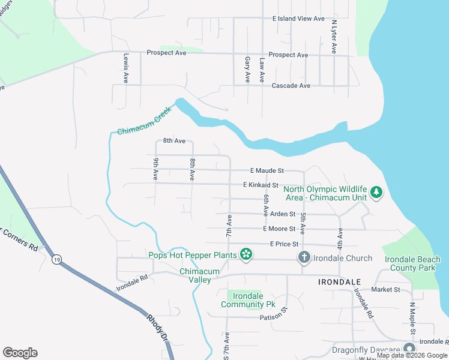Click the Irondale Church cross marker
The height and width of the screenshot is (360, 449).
pyautogui.click(x=304, y=257)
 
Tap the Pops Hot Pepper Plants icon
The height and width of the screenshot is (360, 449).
pyautogui.click(x=246, y=255)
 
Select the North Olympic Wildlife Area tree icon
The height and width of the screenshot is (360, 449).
pyautogui.click(x=376, y=193)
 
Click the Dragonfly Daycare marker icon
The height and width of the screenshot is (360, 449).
pyautogui.click(x=409, y=349)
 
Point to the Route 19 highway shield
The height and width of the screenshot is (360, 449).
pyautogui.click(x=56, y=259)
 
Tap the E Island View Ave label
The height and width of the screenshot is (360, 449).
pyautogui.click(x=298, y=19)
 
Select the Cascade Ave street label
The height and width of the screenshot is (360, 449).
pyautogui.click(x=291, y=86)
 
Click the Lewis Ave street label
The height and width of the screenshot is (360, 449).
pyautogui.click(x=126, y=68)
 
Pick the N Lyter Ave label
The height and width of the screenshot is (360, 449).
pyautogui.click(x=334, y=37)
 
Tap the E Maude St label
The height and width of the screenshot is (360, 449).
pyautogui.click(x=264, y=171)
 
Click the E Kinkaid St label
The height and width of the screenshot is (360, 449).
pyautogui.click(x=261, y=185)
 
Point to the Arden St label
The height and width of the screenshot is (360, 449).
pyautogui.click(x=283, y=214)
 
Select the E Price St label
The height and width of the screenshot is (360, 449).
pyautogui.click(x=285, y=244)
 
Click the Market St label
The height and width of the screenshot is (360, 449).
pyautogui.click(x=385, y=289)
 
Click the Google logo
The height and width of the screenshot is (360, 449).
pyautogui.click(x=20, y=353)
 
